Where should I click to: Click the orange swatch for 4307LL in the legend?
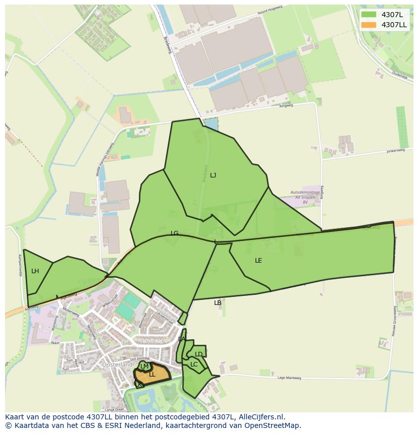(x=369, y=25)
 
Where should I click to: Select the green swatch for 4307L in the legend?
(x=369, y=15)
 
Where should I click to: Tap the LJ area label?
(x=213, y=175)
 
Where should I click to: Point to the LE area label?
(x=258, y=261)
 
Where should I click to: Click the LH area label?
(x=35, y=271)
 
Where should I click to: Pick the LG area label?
(x=175, y=233)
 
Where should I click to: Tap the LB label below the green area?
(x=218, y=303)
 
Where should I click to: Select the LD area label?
(x=199, y=354)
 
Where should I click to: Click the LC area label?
(x=194, y=364)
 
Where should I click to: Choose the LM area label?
(x=144, y=366)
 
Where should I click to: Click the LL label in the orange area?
(x=152, y=375)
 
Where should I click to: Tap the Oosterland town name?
(x=117, y=364)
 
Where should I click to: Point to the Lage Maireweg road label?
(x=289, y=378)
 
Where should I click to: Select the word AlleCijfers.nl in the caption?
(x=260, y=417)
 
